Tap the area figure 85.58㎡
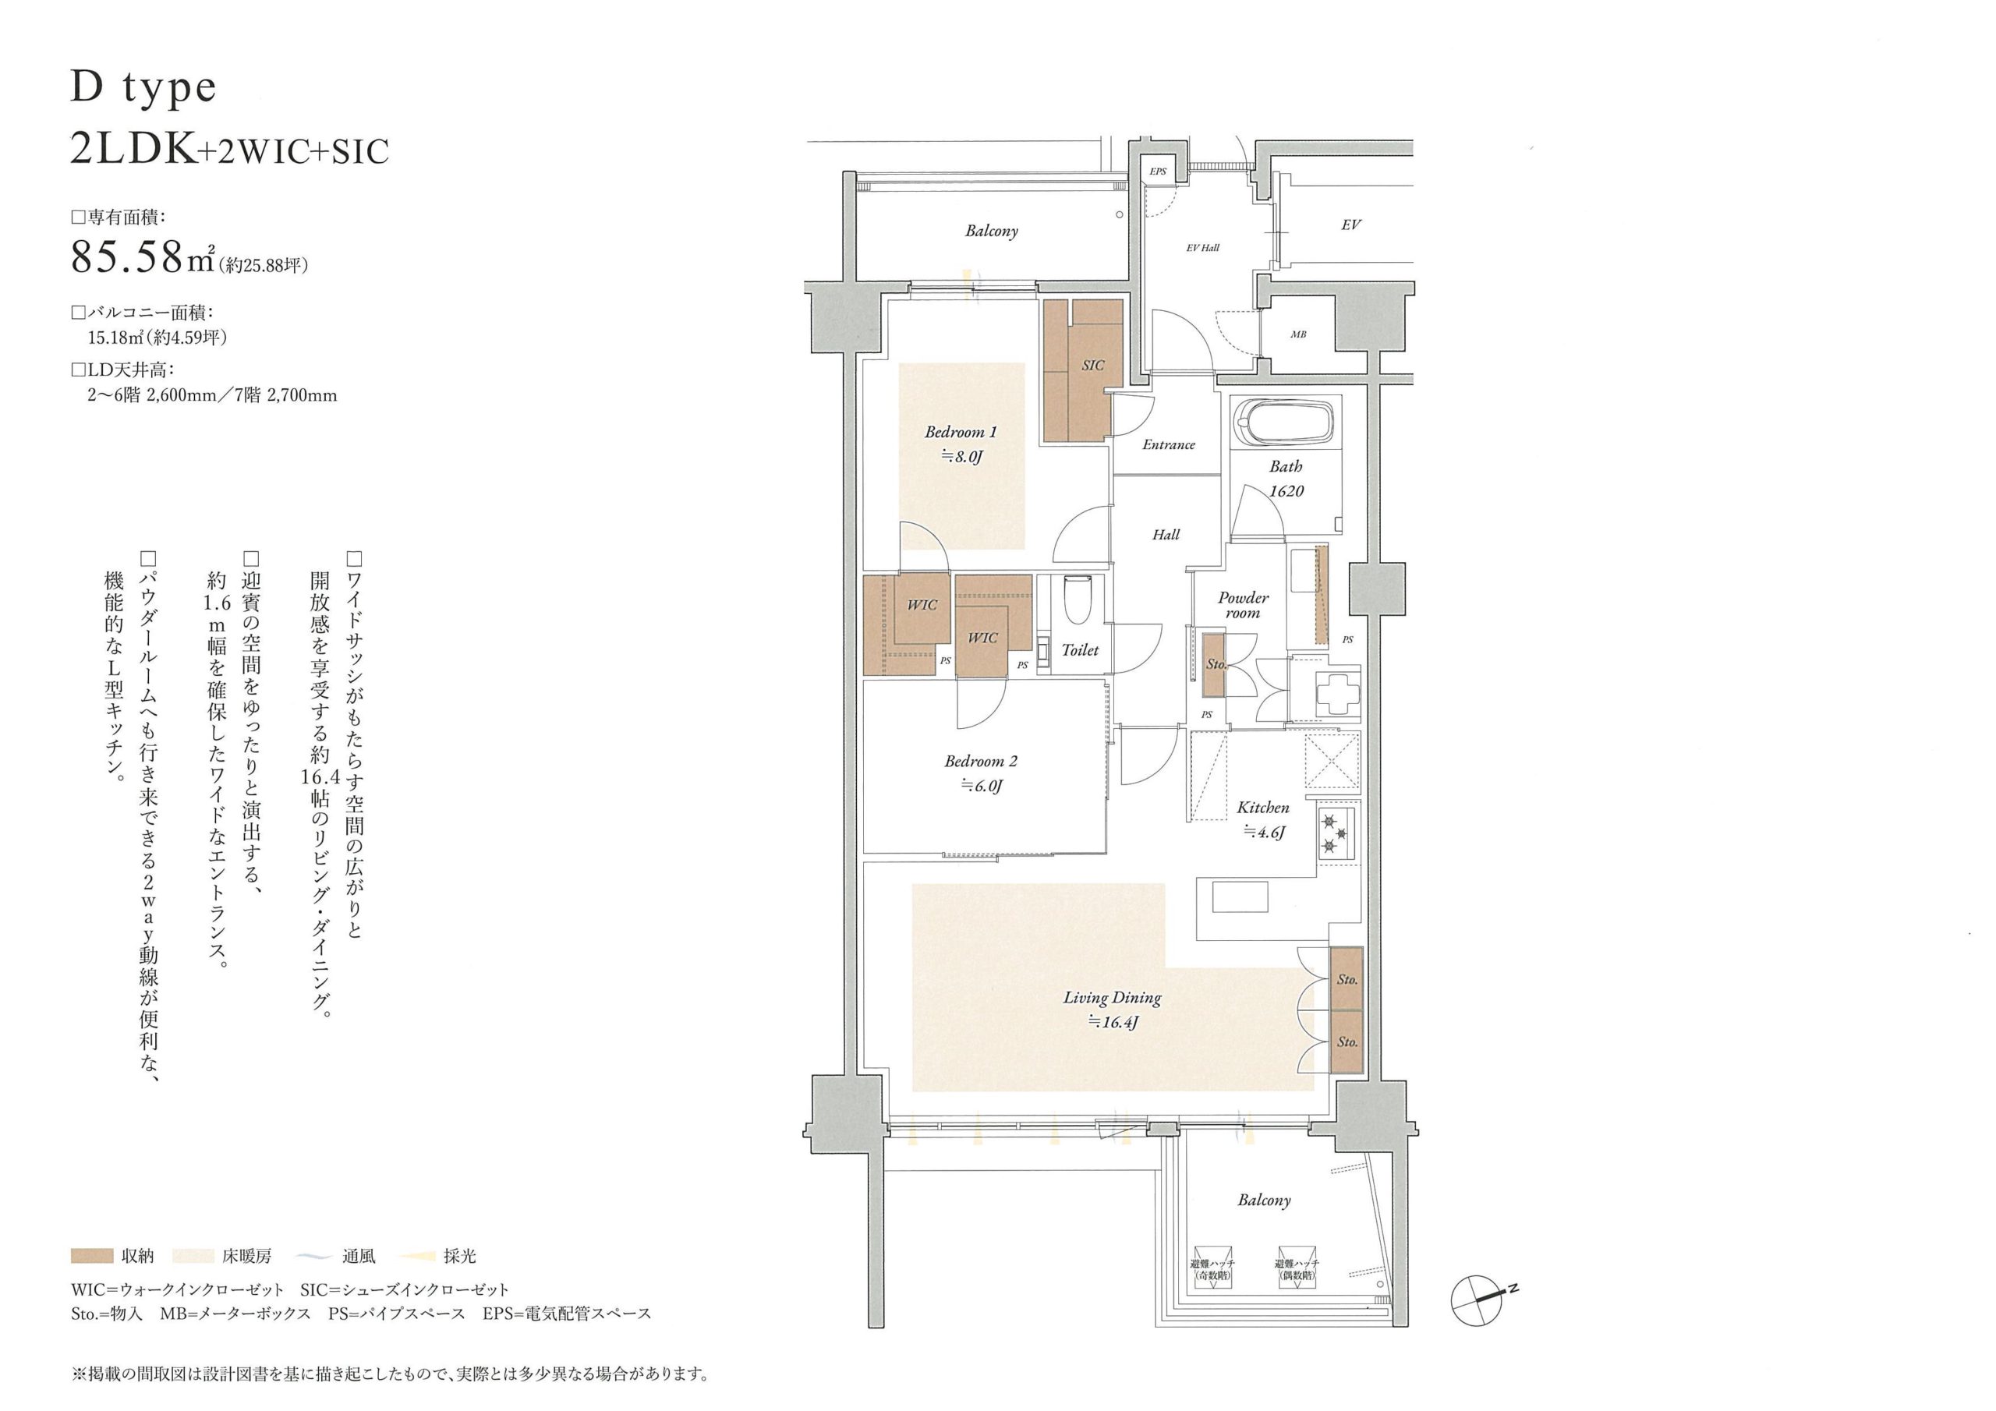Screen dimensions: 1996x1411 click(143, 256)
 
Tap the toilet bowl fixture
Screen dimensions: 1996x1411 click(1076, 600)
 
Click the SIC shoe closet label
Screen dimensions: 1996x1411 click(1093, 366)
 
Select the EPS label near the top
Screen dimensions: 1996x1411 click(1158, 172)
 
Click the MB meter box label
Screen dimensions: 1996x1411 click(1298, 334)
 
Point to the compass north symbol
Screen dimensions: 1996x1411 click(1477, 1299)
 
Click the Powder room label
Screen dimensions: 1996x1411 click(1243, 605)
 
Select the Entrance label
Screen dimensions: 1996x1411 click(1169, 445)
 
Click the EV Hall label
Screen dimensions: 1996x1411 click(1202, 248)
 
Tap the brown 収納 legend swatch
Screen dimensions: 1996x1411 click(92, 1256)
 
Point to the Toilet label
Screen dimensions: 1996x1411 click(1080, 650)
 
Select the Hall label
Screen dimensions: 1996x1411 click(1166, 535)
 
